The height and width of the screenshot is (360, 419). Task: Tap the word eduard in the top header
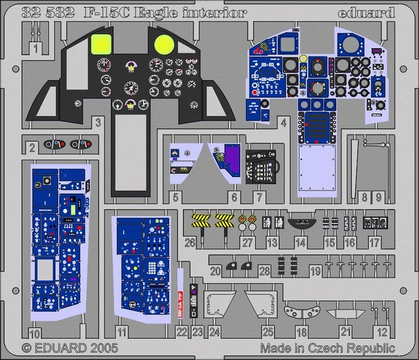366,13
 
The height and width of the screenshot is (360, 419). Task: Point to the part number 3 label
98,123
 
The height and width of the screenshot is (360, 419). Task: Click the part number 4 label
284,123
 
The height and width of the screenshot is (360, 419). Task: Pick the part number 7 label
259,197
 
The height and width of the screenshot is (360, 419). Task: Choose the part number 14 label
300,242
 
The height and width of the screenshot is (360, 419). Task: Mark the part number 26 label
190,242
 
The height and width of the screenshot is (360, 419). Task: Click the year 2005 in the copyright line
100,347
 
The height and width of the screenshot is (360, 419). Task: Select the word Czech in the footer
329,347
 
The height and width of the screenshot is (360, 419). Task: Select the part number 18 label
301,333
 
